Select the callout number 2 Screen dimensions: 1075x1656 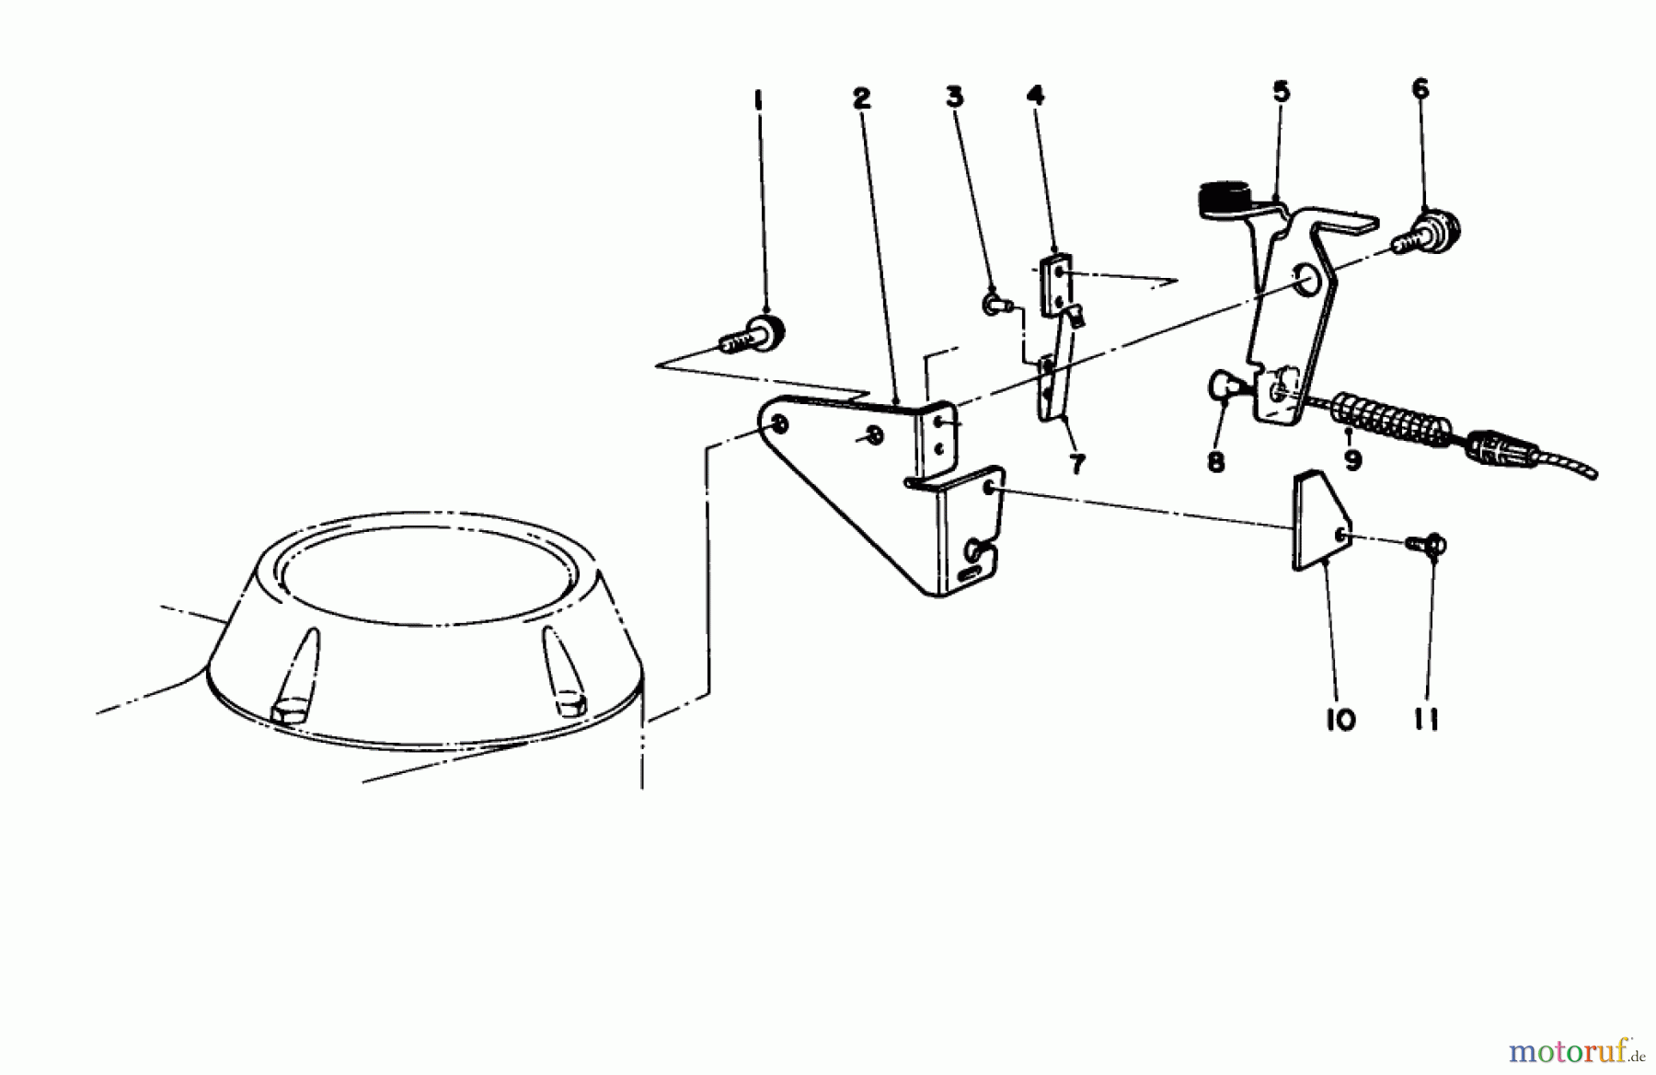(861, 98)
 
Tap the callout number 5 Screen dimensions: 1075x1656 (1282, 91)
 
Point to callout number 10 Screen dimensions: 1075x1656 (1340, 720)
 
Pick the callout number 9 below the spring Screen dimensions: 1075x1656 (1352, 459)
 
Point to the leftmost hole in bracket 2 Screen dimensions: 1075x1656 (778, 424)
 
